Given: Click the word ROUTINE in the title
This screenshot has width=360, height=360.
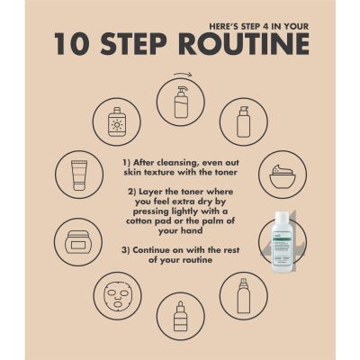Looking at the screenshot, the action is [x=244, y=44].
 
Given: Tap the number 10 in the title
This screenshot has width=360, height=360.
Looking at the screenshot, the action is [x=72, y=44].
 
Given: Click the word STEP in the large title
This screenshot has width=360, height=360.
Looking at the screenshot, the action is [x=133, y=44].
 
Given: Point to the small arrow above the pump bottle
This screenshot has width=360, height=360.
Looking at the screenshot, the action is [x=183, y=75].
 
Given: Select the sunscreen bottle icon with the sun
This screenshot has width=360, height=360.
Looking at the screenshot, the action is [x=117, y=122].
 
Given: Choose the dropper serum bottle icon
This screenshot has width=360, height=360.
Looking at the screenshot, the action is [x=180, y=316].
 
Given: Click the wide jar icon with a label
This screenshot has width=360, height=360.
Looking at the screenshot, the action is [x=77, y=242].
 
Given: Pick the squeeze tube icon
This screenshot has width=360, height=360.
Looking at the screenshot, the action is [x=79, y=175].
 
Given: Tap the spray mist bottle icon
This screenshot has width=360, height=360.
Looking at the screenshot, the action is [x=243, y=295].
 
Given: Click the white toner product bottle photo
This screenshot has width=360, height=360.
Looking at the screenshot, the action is [x=282, y=242].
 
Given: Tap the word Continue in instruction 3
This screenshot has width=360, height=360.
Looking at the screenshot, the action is [x=154, y=250].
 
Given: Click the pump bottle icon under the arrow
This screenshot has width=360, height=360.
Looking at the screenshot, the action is [x=181, y=103].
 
